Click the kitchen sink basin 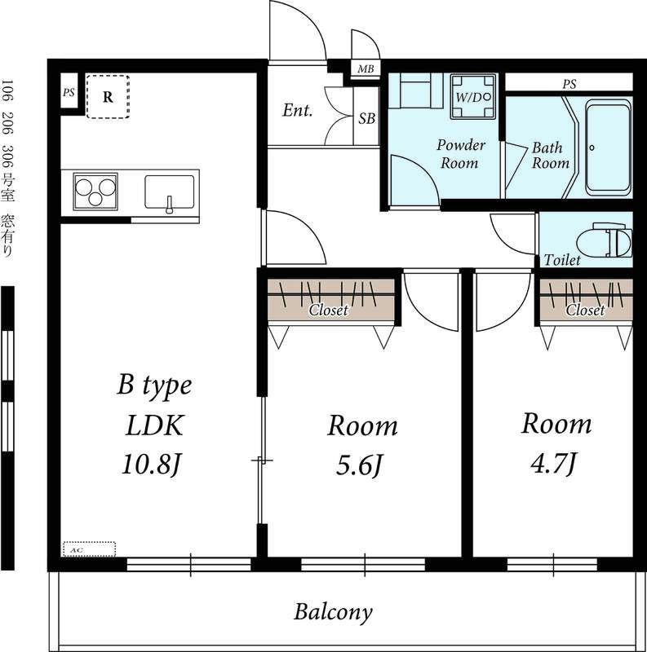pos(170,192)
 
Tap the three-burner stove pos(95,192)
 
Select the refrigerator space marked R pos(108,96)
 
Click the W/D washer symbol pos(473,97)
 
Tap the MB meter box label pos(366,69)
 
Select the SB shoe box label pos(367,119)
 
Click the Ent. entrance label pos(297,110)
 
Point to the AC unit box pos(89,549)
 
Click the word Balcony pos(333,612)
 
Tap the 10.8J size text pos(152,465)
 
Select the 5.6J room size pos(359,465)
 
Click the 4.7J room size pos(554,463)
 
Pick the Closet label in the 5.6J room pos(329,311)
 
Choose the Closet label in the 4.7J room pos(585,311)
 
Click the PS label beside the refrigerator pos(69,92)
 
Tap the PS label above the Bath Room pos(569,85)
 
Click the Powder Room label pos(460,154)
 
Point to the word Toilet pos(562,260)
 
